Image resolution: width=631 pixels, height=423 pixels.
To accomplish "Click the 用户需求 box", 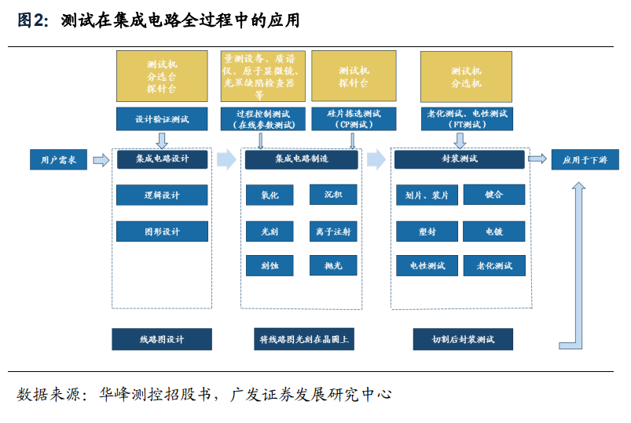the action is coord(58,159).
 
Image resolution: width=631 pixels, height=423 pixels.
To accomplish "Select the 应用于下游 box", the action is coord(585,159).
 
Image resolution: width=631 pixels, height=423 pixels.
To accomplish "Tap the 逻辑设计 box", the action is coord(162,195).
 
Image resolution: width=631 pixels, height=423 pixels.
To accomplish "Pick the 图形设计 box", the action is coord(162,232).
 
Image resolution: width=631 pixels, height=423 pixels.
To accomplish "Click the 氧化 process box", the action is coord(270,195).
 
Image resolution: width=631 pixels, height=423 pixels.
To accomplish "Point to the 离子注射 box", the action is coord(333,232).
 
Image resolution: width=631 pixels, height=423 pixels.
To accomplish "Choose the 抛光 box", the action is coord(333,265).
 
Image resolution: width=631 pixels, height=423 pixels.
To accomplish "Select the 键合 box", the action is coord(494,195).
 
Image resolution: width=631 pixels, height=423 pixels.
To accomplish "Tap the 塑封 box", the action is coord(427,232).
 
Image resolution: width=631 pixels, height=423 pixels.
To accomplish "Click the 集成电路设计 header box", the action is coord(162,159).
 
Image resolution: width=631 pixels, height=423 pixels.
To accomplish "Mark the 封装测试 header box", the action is coord(459,159).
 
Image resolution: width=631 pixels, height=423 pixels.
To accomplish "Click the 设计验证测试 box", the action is coord(162,119).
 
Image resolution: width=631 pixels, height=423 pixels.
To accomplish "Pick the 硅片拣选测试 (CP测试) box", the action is coord(354,119).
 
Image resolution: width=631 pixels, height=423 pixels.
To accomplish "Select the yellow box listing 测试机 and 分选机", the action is coord(466,77).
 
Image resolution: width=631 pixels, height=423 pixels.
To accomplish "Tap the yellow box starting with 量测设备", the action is coord(262,76).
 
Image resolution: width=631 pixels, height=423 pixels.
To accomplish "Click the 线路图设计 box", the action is coord(162,339).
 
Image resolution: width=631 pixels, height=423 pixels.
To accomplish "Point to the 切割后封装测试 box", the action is coord(463,339).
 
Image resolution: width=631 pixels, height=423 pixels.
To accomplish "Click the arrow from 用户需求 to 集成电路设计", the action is coord(101,160).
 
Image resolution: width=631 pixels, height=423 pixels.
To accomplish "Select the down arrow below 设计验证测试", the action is coord(162,140).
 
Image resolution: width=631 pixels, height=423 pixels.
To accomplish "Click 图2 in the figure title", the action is coord(32,20).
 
